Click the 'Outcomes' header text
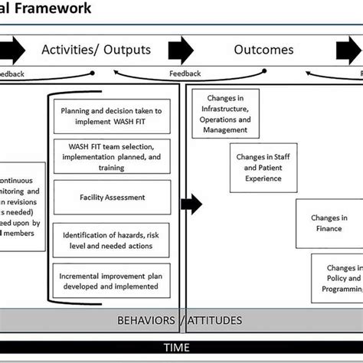tap(263, 51)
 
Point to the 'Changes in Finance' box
tap(329, 223)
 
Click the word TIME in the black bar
tap(181, 347)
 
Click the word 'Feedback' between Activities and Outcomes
tap(185, 74)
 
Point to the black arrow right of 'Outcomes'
tap(348, 51)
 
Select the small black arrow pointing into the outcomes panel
tap(194, 204)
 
